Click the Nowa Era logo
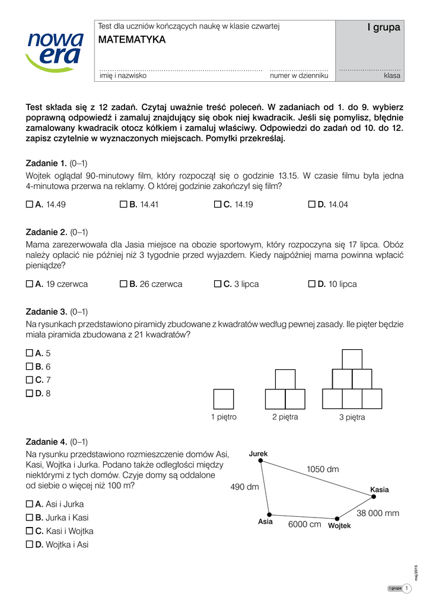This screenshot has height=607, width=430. [55, 52]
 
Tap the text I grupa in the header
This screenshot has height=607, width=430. [384, 27]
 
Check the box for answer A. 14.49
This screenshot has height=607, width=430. [30, 205]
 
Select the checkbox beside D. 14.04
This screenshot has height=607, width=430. [312, 205]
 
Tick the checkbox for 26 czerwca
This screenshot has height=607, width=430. [123, 284]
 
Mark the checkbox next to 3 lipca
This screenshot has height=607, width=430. [217, 284]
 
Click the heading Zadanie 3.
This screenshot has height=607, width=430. [47, 311]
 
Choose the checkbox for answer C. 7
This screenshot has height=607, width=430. [30, 379]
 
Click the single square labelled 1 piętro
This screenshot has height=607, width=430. [224, 399]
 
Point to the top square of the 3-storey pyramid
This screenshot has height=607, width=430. [352, 359]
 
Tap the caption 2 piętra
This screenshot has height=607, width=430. [285, 417]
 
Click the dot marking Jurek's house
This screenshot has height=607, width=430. [260, 462]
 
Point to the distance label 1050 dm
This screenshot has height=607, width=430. [323, 469]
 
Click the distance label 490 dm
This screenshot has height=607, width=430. [244, 487]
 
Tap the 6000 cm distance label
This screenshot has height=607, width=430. [305, 525]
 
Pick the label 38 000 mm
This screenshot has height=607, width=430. [378, 513]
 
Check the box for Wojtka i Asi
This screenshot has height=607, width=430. [30, 545]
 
